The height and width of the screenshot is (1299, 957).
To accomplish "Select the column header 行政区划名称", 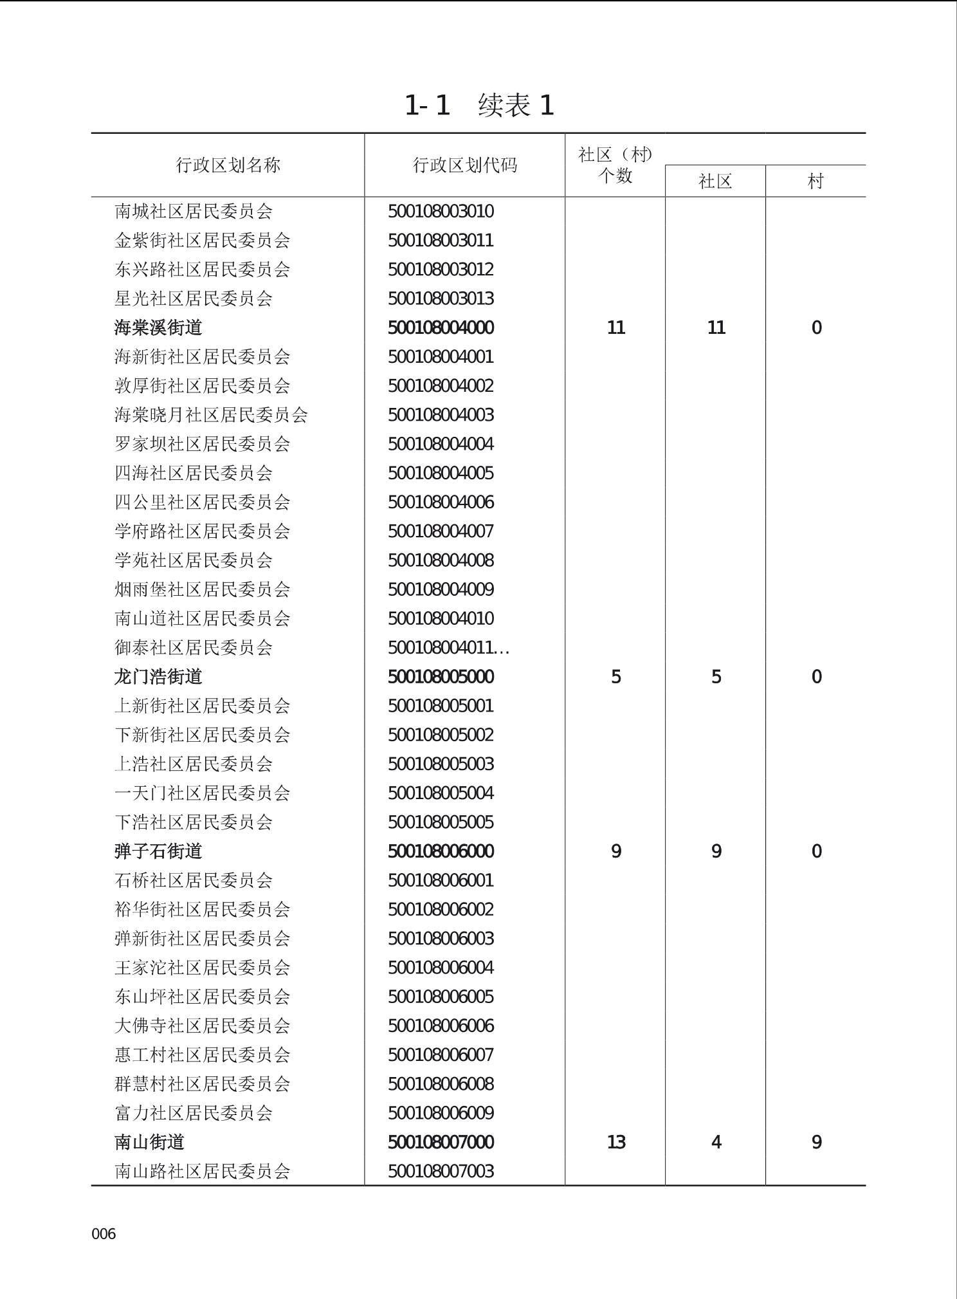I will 228,165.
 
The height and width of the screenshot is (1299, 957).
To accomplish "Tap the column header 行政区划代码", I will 464,165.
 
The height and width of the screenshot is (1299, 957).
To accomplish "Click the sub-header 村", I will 816,181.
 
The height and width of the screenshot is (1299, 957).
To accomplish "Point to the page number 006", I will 104,1233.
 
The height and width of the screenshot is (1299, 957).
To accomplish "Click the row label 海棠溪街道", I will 158,328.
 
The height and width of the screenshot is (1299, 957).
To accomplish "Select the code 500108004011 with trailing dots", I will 448,648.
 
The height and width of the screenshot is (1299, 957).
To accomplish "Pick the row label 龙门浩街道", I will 158,677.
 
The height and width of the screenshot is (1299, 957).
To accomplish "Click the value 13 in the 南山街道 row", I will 615,1142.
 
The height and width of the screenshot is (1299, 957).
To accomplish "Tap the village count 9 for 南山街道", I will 816,1142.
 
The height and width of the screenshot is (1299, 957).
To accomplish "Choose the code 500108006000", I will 441,851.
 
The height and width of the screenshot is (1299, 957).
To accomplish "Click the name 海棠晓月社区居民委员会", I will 211,415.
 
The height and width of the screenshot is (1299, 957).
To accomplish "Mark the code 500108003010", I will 441,212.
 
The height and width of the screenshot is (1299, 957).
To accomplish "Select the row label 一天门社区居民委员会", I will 202,793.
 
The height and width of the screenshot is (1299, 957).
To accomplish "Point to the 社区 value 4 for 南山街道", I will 716,1142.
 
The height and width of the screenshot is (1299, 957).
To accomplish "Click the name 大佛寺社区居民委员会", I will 202,1026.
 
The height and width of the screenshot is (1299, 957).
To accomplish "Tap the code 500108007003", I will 441,1171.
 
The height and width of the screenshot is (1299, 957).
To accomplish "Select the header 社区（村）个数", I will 615,165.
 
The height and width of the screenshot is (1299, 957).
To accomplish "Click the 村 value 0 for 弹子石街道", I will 816,851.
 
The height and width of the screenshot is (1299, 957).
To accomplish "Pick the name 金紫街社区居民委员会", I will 202,241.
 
